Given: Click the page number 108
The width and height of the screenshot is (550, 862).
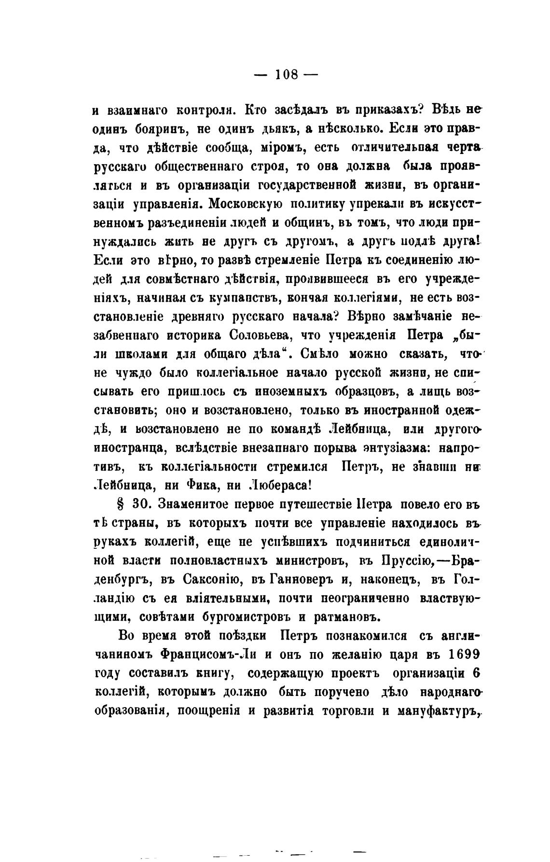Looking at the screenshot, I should pos(287,75).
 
